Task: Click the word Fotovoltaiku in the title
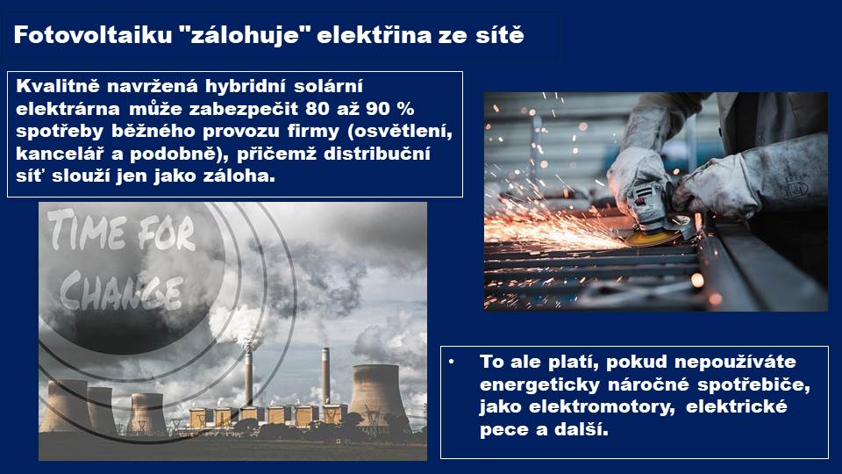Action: click(x=92, y=35)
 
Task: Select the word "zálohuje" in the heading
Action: click(x=245, y=36)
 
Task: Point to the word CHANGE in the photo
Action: click(x=122, y=291)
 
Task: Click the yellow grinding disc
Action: click(x=653, y=237)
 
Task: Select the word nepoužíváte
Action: click(x=735, y=363)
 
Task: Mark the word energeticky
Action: click(x=540, y=385)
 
